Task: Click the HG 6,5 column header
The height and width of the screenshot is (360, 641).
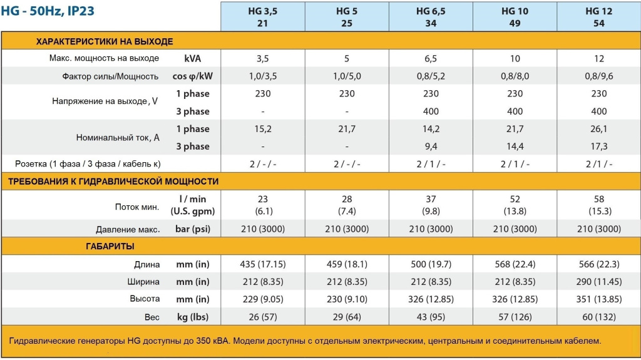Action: pos(431,17)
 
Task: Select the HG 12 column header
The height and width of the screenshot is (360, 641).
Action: pos(598,17)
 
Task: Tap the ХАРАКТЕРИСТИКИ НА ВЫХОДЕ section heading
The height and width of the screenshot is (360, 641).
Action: pos(105,41)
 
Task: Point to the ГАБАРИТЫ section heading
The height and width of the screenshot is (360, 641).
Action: pos(110,246)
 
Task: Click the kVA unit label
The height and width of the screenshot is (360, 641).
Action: pos(193,58)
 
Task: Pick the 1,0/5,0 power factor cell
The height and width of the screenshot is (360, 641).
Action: pos(347,76)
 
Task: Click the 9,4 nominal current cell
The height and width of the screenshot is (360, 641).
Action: pos(431,146)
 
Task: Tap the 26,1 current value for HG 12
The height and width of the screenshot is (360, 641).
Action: pos(598,128)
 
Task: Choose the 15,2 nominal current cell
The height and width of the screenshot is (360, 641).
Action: pos(263,128)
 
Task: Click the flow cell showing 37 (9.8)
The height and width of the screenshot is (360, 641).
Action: pos(431,205)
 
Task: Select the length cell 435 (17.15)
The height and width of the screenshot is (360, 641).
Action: pos(263,264)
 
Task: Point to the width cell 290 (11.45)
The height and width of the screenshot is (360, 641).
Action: pos(598,281)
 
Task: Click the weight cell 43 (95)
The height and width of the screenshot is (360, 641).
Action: pos(431,316)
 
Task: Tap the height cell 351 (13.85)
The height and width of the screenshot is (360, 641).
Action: pos(598,299)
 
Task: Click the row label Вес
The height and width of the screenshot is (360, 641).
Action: pos(152,316)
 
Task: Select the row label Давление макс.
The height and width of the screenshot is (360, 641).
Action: pos(128,229)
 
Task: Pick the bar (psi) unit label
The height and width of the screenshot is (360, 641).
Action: pos(193,229)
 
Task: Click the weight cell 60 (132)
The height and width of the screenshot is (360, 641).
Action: pos(598,316)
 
